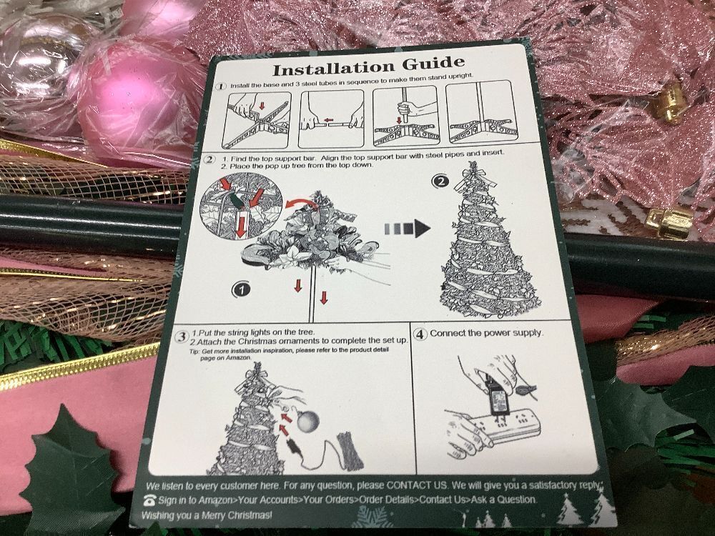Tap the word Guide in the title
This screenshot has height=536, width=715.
click(x=433, y=63)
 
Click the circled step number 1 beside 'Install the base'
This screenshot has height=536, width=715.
click(x=221, y=86)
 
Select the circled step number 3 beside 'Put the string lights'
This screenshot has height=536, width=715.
click(x=182, y=337)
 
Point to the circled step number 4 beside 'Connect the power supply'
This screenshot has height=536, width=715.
click(x=420, y=334)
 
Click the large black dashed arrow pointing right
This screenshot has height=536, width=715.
click(x=408, y=229)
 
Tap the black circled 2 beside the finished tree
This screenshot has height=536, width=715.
click(x=440, y=182)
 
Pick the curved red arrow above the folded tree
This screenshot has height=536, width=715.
click(x=302, y=203)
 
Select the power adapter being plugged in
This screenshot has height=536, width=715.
click(x=498, y=398)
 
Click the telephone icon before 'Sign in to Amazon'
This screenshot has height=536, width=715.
click(x=149, y=500)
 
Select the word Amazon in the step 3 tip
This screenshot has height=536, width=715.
click(x=238, y=358)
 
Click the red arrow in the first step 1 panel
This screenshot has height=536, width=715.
click(x=262, y=105)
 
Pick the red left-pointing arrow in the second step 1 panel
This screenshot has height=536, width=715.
click(x=328, y=121)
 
